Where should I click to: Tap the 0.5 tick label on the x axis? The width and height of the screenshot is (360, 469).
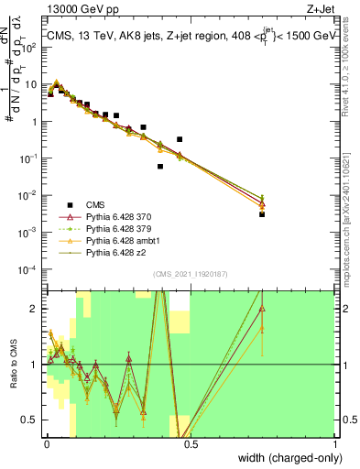191,442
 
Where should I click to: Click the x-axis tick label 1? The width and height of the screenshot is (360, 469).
334,442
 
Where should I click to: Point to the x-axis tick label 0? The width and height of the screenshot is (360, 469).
46,442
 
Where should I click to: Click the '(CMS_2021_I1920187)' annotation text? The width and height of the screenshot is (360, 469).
191,274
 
